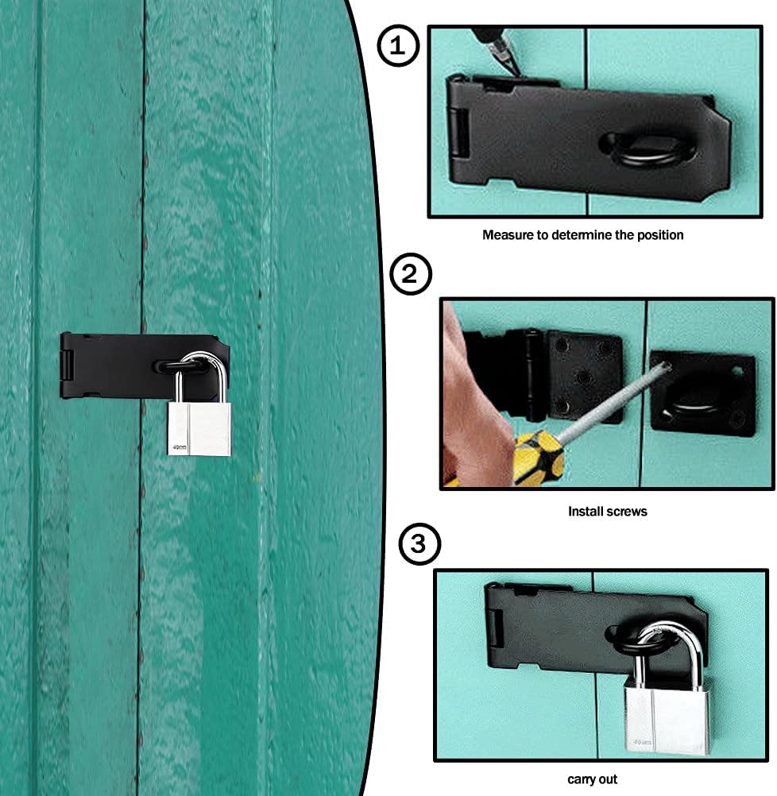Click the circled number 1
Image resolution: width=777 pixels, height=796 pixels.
[x=398, y=46]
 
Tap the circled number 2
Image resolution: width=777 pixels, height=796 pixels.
[x=410, y=274]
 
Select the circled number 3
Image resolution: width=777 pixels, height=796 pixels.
[x=419, y=544]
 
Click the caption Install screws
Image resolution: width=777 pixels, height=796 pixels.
[x=608, y=512]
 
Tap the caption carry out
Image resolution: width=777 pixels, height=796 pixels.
[x=592, y=779]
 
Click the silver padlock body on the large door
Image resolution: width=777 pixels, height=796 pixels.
[x=199, y=428]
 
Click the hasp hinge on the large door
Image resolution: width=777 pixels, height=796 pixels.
[x=66, y=365]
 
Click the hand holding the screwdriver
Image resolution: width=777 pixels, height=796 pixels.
[x=475, y=406]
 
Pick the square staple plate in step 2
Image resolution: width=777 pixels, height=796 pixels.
[x=702, y=392]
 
